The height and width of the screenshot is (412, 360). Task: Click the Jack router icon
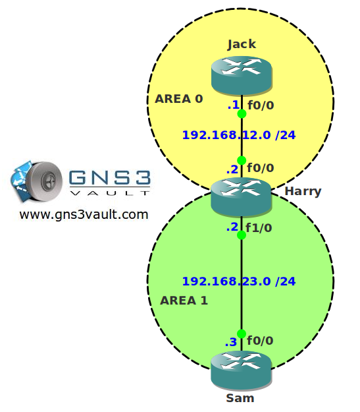coord(242,75)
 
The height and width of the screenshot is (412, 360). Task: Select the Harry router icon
coord(241,197)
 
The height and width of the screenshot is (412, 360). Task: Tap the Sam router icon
coord(241,370)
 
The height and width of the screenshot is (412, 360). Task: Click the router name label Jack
coord(242,44)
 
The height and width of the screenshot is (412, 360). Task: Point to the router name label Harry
coord(303,192)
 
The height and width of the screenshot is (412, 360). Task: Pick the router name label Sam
coord(240,398)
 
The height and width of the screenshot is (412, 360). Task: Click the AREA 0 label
coord(179,99)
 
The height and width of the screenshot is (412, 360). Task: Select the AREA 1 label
coord(184,301)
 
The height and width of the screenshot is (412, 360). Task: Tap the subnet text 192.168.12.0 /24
coord(239,135)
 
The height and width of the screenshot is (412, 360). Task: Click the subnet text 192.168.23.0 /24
coord(239,281)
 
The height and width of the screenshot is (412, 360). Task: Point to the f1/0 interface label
coord(259,228)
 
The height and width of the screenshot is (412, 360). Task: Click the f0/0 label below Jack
coord(261,105)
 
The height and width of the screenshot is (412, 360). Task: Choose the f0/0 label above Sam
coord(260,341)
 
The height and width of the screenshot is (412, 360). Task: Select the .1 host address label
coord(234,105)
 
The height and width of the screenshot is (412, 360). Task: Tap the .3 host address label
coord(231,342)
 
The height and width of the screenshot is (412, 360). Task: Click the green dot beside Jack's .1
coord(242,114)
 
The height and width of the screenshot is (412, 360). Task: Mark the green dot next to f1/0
coord(242,235)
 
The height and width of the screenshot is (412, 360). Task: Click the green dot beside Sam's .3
coord(242,334)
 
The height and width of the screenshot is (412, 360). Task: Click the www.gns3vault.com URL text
coord(84,215)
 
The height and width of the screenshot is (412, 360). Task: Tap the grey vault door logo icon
coord(43,181)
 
